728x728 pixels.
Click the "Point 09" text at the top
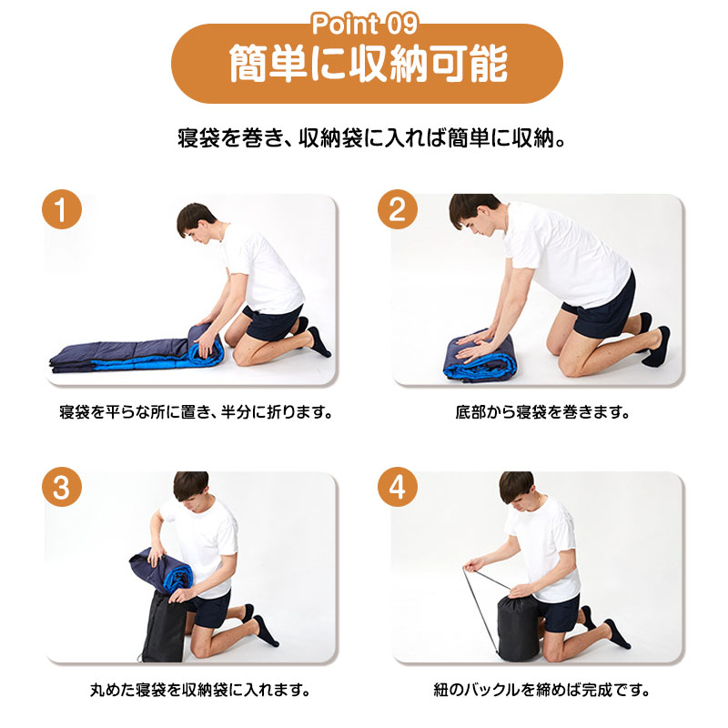pyautogui.click(x=365, y=25)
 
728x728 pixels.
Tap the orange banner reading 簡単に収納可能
pyautogui.click(x=367, y=64)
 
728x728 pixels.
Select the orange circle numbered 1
pyautogui.click(x=62, y=209)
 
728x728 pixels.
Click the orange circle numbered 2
pyautogui.click(x=397, y=209)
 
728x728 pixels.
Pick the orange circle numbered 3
pyautogui.click(x=62, y=487)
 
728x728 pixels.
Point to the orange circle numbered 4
pyautogui.click(x=397, y=487)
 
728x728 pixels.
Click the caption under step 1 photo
pyautogui.click(x=196, y=412)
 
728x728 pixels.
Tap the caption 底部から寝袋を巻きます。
pyautogui.click(x=541, y=412)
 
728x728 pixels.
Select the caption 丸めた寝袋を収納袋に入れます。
pyautogui.click(x=200, y=690)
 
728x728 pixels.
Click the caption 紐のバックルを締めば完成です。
pyautogui.click(x=541, y=690)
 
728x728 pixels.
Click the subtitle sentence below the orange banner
pyautogui.click(x=371, y=138)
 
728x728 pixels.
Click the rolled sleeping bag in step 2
pyautogui.click(x=480, y=354)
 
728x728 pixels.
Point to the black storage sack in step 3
pyautogui.click(x=164, y=627)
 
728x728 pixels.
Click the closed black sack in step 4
pyautogui.click(x=518, y=626)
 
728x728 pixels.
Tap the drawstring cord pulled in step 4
pyautogui.click(x=480, y=608)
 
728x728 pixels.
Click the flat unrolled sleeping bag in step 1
pyautogui.click(x=122, y=356)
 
